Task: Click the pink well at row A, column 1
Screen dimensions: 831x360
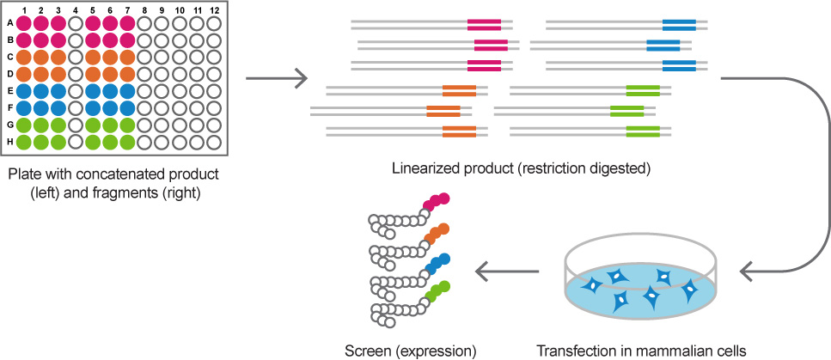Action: point(24,23)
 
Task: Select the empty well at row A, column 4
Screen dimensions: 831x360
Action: point(76,23)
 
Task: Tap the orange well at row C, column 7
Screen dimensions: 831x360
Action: point(128,58)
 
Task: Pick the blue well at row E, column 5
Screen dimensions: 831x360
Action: point(93,91)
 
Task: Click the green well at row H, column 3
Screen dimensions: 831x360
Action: point(58,142)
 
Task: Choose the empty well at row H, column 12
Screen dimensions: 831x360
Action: point(214,142)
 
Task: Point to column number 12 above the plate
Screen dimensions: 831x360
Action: point(214,10)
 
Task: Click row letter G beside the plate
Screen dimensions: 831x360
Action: point(10,125)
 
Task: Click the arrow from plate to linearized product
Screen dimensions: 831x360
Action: point(277,79)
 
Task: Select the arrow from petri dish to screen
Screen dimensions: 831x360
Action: point(507,272)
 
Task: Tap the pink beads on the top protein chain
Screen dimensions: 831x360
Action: point(437,201)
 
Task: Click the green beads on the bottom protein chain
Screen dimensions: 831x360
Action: point(437,290)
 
